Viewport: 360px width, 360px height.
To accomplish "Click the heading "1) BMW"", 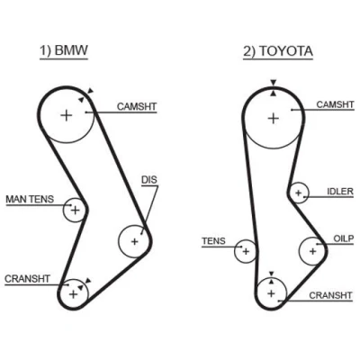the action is pyautogui.click(x=64, y=50).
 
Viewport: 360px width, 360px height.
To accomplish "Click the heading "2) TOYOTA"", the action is pyautogui.click(x=278, y=51).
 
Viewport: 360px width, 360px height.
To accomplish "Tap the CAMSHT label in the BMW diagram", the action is pyautogui.click(x=137, y=106).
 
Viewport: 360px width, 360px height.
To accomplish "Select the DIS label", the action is pyautogui.click(x=149, y=180).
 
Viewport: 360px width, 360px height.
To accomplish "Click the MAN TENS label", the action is pyautogui.click(x=30, y=199).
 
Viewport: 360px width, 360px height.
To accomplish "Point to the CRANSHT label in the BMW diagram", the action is pyautogui.click(x=27, y=279).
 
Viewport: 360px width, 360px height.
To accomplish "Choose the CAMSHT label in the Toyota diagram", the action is pyautogui.click(x=335, y=104).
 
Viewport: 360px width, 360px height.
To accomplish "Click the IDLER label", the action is pyautogui.click(x=340, y=192).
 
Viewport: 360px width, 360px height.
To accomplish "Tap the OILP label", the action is pyautogui.click(x=344, y=238).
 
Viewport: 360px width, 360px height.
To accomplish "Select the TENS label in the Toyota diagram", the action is pyautogui.click(x=213, y=241).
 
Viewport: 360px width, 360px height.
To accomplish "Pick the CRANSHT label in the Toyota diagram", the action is pyautogui.click(x=330, y=295).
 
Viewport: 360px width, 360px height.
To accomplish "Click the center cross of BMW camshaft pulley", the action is pyautogui.click(x=67, y=115).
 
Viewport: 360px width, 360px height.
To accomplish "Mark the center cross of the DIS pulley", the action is pyautogui.click(x=134, y=241).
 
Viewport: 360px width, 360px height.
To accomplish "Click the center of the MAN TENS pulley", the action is pyautogui.click(x=76, y=210).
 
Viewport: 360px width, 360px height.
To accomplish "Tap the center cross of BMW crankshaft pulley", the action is pyautogui.click(x=73, y=294).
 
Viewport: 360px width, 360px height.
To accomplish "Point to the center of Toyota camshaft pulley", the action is pyautogui.click(x=273, y=118).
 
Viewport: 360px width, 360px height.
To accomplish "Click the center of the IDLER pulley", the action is pyautogui.click(x=298, y=193).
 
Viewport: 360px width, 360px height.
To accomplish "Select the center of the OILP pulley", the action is pyautogui.click(x=313, y=251).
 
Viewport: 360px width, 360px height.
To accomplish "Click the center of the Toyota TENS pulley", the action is pyautogui.click(x=246, y=251).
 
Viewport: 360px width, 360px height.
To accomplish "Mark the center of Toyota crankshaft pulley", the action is pyautogui.click(x=271, y=293).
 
